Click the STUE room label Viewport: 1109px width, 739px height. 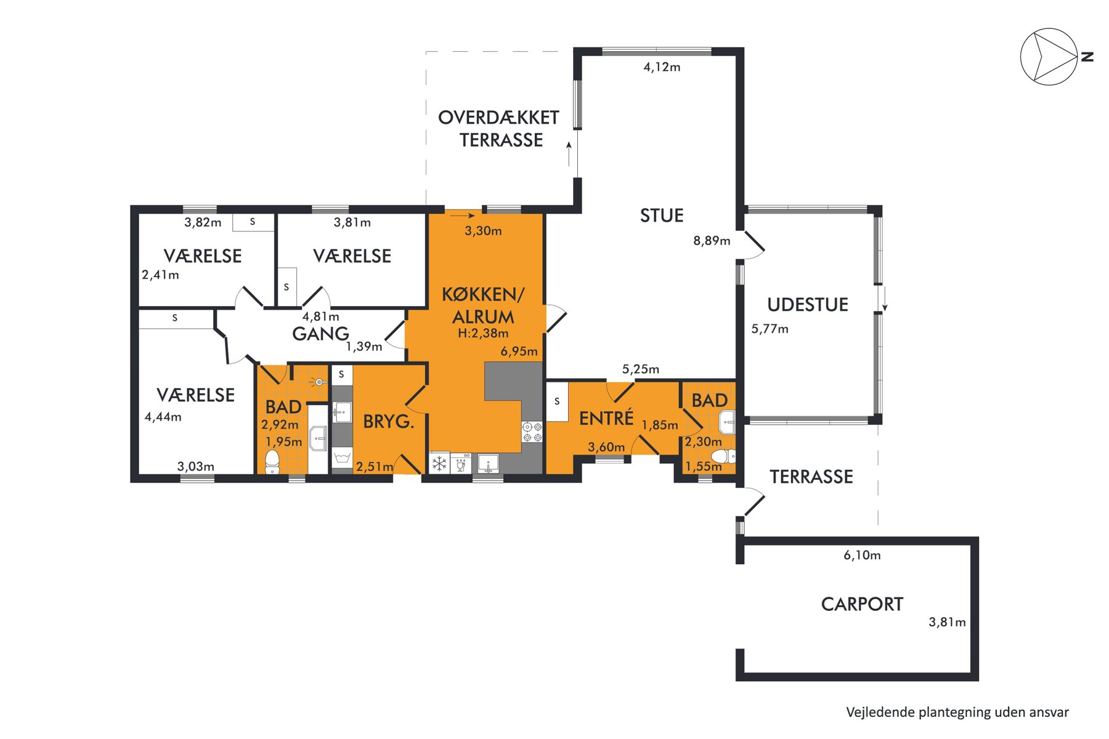coord(662,216)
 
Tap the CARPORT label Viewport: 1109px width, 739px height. coord(862,604)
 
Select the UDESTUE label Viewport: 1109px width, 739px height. coord(808,305)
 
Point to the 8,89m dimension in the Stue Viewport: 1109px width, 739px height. coord(712,241)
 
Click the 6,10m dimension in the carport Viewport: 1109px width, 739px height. coord(862,555)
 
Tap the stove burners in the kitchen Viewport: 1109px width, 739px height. coord(532,432)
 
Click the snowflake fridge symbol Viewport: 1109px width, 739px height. coord(439,463)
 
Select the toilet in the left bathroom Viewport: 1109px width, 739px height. coord(272,462)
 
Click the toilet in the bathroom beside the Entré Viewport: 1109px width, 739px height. coord(723,456)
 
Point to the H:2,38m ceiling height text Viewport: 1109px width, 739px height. coord(483,334)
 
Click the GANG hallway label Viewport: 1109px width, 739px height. coord(320,334)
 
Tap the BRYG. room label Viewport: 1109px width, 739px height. coord(388,422)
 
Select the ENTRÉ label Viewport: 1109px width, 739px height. coord(606,418)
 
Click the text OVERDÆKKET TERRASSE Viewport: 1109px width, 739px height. coord(498,129)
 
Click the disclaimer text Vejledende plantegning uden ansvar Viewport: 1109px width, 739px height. coord(957,713)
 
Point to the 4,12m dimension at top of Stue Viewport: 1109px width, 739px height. coord(662,67)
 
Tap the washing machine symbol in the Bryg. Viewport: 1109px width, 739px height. coord(341,458)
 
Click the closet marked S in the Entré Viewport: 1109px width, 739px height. coord(557,402)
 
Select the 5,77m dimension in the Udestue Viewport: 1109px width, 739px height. coord(770,329)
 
